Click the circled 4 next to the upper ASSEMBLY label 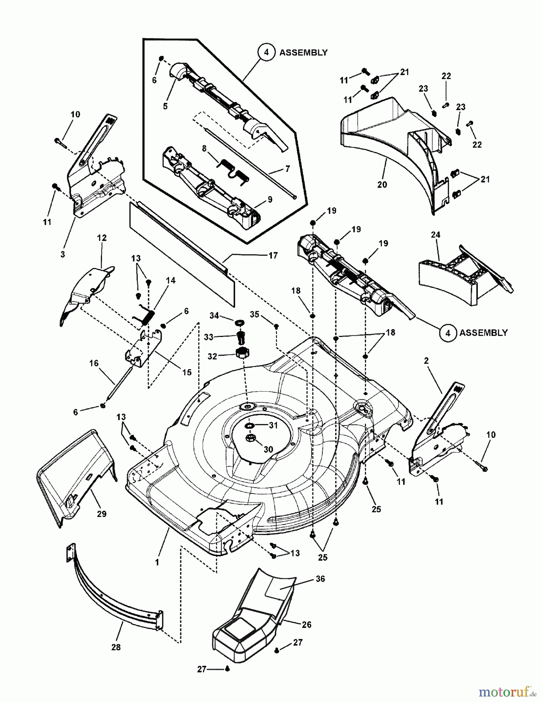(x=266, y=52)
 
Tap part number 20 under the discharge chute (x=382, y=184)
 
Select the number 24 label (x=435, y=235)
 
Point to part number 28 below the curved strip (x=116, y=647)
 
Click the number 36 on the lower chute (x=320, y=579)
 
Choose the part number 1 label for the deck (x=157, y=562)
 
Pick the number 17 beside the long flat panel (x=273, y=255)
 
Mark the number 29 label (x=102, y=514)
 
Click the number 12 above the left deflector (x=102, y=238)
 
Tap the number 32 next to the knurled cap (x=212, y=356)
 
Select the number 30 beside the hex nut (x=268, y=449)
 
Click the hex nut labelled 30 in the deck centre (x=250, y=438)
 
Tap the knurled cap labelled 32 (x=242, y=353)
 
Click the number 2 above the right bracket (x=426, y=361)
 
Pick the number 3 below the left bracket (x=63, y=254)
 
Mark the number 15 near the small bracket (x=187, y=372)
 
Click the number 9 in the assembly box (x=270, y=200)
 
